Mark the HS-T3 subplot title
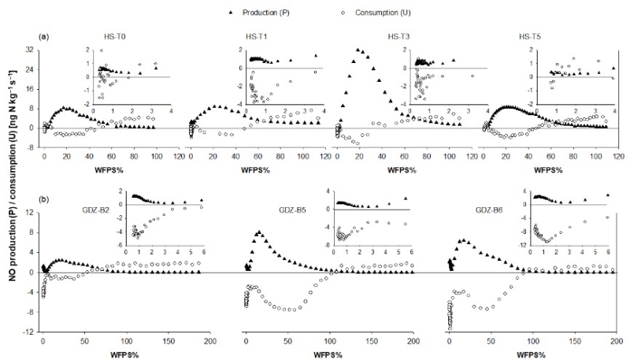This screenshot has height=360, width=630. [400, 37]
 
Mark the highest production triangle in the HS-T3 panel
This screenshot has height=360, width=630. [359, 50]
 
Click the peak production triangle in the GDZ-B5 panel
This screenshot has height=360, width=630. [258, 232]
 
